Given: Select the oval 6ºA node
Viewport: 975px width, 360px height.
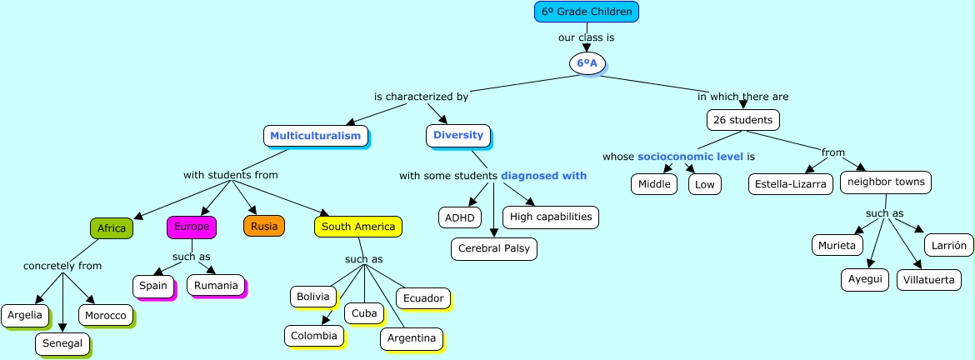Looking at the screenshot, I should point(587,62).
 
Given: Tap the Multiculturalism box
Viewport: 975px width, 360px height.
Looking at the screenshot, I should point(316,135).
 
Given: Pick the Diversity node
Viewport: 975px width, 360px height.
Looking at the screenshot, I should point(458,135).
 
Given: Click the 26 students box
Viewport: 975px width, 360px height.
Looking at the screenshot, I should point(743,120).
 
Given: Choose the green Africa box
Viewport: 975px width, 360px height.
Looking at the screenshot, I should point(112,228).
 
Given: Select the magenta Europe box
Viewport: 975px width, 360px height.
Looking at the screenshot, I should point(192,226).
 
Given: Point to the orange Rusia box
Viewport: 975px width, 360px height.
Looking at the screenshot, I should point(264,226).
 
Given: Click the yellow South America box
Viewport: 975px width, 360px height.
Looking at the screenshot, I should point(358,226).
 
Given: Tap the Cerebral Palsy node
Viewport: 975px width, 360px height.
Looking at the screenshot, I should point(494,248).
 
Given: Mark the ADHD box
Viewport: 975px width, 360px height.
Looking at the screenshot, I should point(459,217).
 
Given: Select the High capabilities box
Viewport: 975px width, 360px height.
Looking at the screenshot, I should point(551,217).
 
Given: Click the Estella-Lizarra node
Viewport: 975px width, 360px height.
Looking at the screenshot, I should point(790,184).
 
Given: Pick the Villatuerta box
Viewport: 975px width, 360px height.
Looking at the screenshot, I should point(929,280).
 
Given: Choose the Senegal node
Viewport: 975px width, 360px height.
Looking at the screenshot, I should point(62,342).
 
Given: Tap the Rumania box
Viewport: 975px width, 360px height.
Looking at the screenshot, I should point(217,286).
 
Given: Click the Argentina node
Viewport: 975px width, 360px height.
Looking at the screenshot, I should point(412,338).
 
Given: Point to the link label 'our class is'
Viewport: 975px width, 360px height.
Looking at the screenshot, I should point(587,37).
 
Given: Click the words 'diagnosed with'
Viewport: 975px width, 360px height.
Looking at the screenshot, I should point(544,176).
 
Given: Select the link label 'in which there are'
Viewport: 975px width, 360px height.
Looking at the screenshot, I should point(742,97).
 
